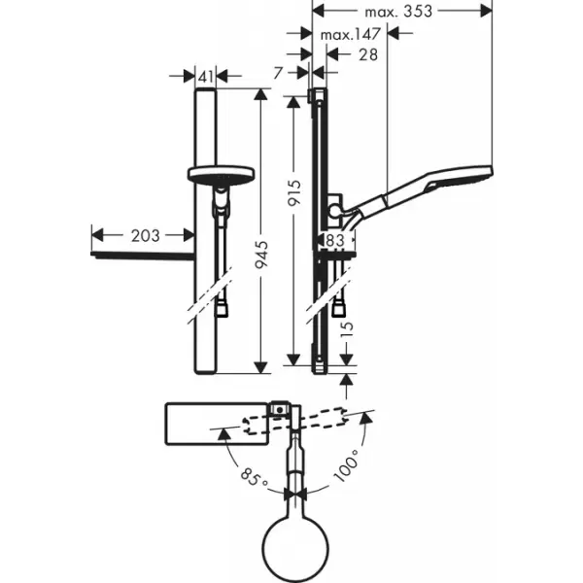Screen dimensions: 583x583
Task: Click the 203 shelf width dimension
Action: click(142, 234)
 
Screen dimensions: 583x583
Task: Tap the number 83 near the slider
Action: click(334, 239)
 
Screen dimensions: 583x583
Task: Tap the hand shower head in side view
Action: click(463, 183)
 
